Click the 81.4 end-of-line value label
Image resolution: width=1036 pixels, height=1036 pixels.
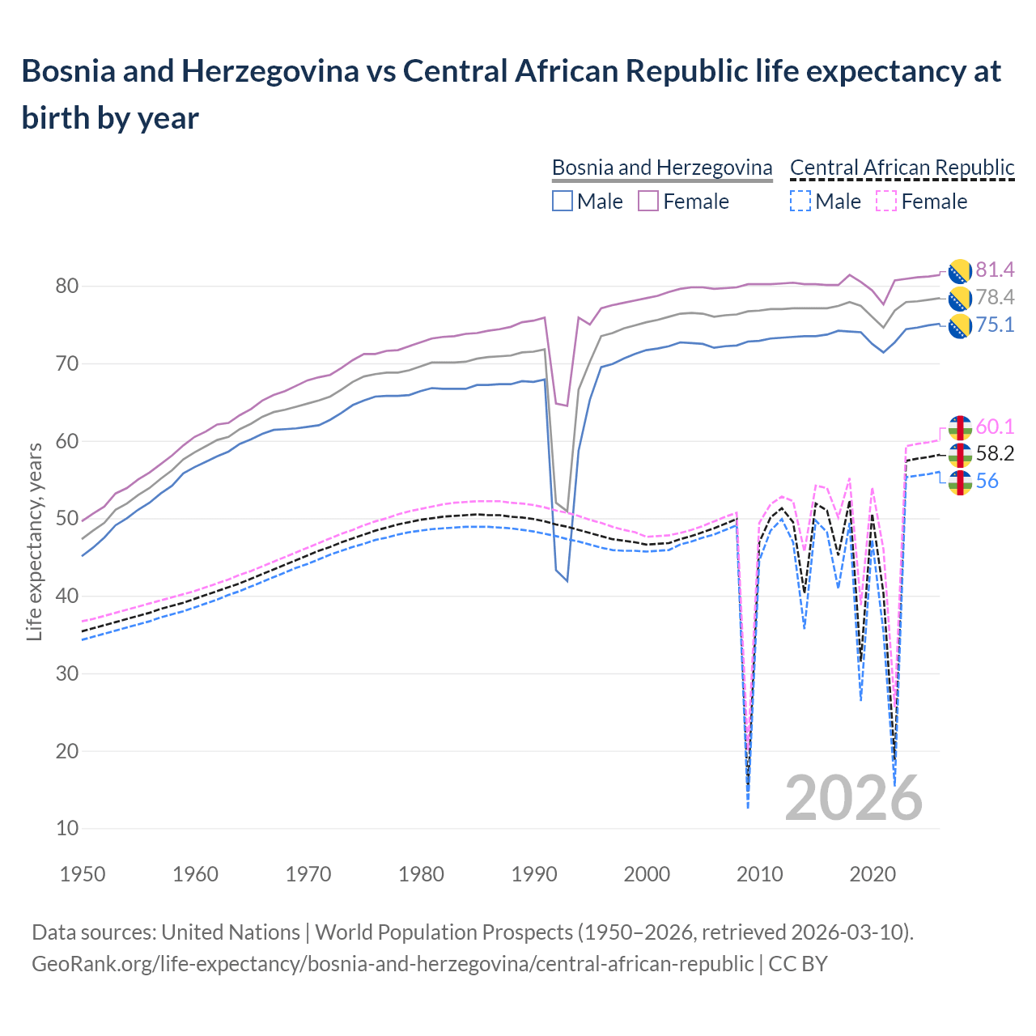(995, 270)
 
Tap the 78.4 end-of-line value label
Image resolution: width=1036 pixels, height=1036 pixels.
(995, 297)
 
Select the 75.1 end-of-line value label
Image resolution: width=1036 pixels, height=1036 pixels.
(995, 325)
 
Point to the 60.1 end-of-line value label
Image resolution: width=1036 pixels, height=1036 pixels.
(995, 427)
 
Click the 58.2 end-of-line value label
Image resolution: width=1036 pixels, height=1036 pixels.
(995, 453)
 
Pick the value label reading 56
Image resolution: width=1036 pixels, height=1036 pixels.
(987, 481)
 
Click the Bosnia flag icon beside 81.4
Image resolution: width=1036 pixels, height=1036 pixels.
(960, 271)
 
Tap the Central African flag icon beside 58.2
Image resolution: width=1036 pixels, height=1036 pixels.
(960, 455)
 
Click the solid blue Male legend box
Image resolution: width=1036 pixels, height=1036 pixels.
(563, 201)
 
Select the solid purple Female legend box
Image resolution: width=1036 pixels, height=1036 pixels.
(648, 201)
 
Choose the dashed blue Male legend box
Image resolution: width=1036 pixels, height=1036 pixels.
(800, 201)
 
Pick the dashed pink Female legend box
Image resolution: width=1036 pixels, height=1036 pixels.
(886, 201)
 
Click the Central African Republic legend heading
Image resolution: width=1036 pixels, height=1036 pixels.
(902, 168)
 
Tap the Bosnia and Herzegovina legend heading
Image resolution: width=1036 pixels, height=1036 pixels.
(662, 168)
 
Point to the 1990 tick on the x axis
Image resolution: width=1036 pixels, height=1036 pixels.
(535, 874)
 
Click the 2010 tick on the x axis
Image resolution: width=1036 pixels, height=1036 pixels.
(760, 874)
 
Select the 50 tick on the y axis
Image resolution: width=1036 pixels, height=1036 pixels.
(67, 519)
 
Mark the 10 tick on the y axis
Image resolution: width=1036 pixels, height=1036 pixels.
(67, 828)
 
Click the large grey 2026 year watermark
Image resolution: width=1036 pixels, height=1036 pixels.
(854, 798)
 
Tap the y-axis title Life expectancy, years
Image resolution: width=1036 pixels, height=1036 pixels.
(34, 542)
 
